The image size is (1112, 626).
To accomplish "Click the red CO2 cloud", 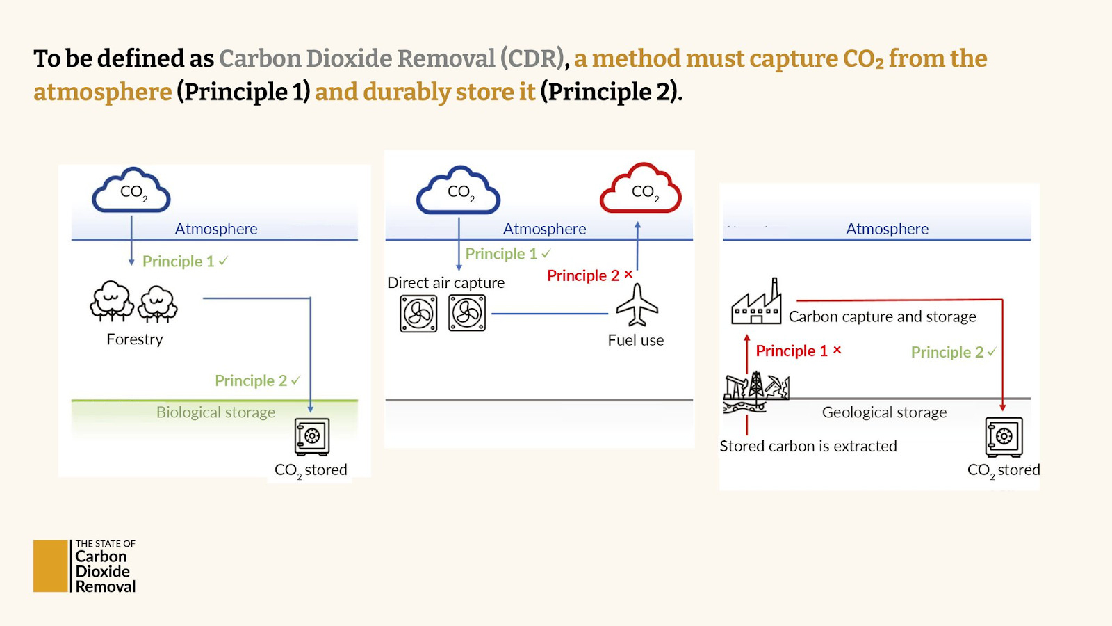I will (x=641, y=188).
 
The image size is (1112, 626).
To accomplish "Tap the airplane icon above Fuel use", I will (x=637, y=305).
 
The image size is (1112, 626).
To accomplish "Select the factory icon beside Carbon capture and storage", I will (x=756, y=303).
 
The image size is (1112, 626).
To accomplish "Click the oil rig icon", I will (x=755, y=391).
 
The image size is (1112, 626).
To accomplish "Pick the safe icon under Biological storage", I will (x=312, y=436).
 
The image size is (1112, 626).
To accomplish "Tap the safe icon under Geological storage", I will (x=1004, y=436).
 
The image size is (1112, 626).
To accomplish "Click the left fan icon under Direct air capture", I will (x=418, y=314).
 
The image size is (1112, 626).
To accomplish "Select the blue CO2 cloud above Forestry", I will (x=131, y=190).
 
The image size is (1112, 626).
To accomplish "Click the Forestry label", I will (x=135, y=339).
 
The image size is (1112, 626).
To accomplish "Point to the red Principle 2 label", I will (x=583, y=275).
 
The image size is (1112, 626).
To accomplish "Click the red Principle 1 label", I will (x=792, y=351).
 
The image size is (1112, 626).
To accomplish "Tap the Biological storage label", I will (x=215, y=412).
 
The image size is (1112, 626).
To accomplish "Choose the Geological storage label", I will (x=884, y=412).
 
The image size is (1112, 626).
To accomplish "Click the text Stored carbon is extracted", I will (x=808, y=446).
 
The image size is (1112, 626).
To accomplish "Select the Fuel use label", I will (x=636, y=340).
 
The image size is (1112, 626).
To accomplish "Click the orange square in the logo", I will (x=51, y=566).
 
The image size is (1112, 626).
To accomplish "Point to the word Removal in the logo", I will (x=106, y=586).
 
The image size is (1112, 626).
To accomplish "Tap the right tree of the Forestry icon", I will (x=158, y=303).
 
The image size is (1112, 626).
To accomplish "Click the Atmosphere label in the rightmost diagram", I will (x=887, y=229).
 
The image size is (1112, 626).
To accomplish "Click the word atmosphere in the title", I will (x=103, y=92).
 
